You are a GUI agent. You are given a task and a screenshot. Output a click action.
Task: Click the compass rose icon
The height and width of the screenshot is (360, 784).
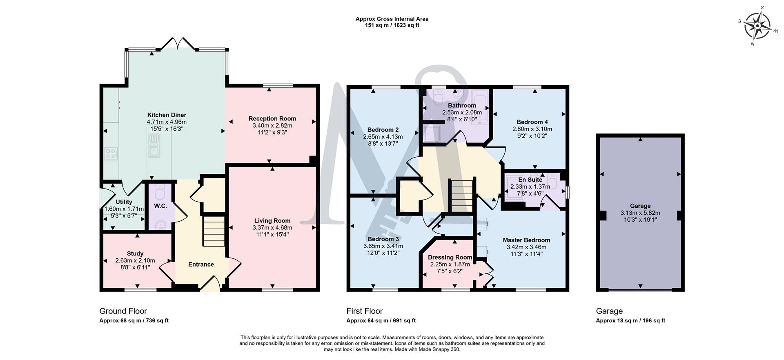(x=757, y=27)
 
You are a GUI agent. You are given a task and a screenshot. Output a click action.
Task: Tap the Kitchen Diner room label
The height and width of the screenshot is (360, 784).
(x=167, y=115)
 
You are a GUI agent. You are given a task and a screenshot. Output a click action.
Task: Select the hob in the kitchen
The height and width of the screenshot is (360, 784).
(x=110, y=153)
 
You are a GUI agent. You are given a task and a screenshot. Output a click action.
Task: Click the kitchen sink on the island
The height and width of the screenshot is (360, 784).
(x=154, y=146)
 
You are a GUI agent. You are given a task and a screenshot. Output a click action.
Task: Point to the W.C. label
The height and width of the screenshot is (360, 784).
(x=160, y=206)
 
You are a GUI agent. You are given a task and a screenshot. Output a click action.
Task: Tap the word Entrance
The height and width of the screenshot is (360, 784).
(x=201, y=264)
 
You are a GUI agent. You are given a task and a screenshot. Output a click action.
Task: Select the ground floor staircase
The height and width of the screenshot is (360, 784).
(x=214, y=231)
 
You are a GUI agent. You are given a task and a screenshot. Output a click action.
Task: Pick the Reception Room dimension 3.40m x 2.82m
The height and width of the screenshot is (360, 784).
(x=272, y=125)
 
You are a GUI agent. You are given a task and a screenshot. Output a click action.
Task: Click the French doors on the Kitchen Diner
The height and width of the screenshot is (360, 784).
(x=176, y=44)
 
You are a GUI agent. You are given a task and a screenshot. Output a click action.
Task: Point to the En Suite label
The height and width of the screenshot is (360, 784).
(x=530, y=180)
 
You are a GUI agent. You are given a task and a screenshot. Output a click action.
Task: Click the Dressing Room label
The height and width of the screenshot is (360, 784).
(x=450, y=258)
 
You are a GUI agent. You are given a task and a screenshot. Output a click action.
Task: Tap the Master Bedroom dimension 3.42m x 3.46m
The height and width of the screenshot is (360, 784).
(x=526, y=247)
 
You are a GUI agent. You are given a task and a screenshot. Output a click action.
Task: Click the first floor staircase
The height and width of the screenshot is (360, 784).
(x=462, y=196)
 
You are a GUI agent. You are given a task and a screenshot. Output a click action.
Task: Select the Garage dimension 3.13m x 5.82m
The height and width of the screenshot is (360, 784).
(x=640, y=213)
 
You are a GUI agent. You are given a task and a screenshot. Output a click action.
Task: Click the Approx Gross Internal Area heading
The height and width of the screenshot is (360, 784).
(x=392, y=19)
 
